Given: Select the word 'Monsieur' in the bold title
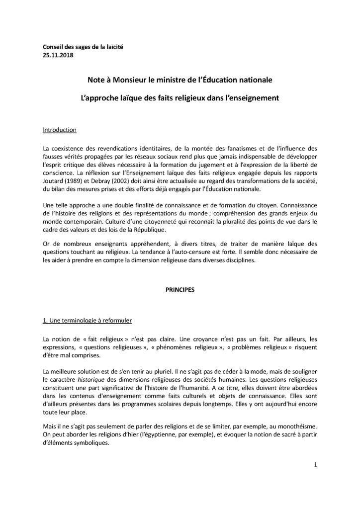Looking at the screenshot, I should coord(128,79).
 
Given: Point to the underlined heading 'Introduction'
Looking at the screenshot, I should coord(60,130).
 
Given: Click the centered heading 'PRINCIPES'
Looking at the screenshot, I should coord(180,288).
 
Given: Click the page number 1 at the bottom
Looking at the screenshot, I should coord(315,465).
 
